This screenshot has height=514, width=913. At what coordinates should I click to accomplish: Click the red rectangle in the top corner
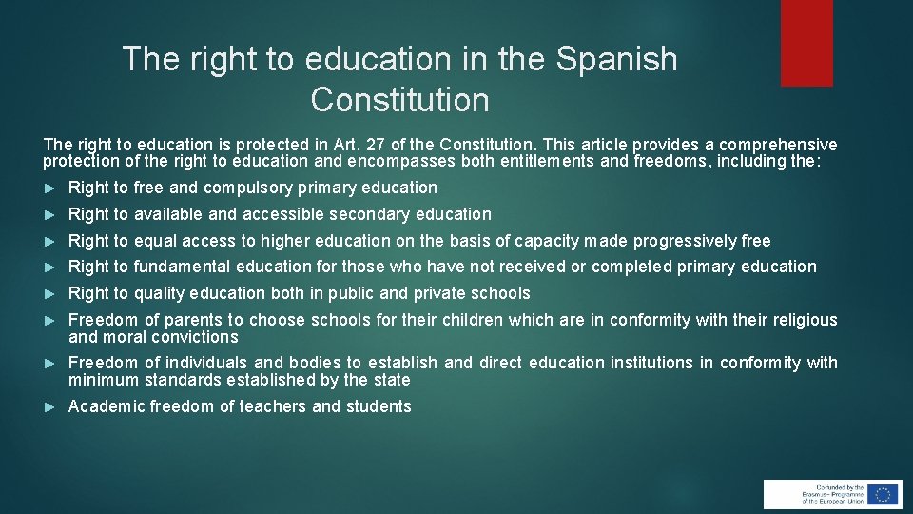[x=806, y=43]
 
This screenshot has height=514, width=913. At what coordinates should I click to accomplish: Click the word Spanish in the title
[x=617, y=59]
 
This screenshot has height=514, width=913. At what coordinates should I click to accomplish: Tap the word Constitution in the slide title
[x=399, y=99]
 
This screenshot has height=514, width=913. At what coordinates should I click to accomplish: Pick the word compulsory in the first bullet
[x=247, y=188]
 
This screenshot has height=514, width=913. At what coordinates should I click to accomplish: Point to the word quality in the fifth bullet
[x=162, y=293]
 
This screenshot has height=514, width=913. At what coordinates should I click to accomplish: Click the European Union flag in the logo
[x=884, y=494]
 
